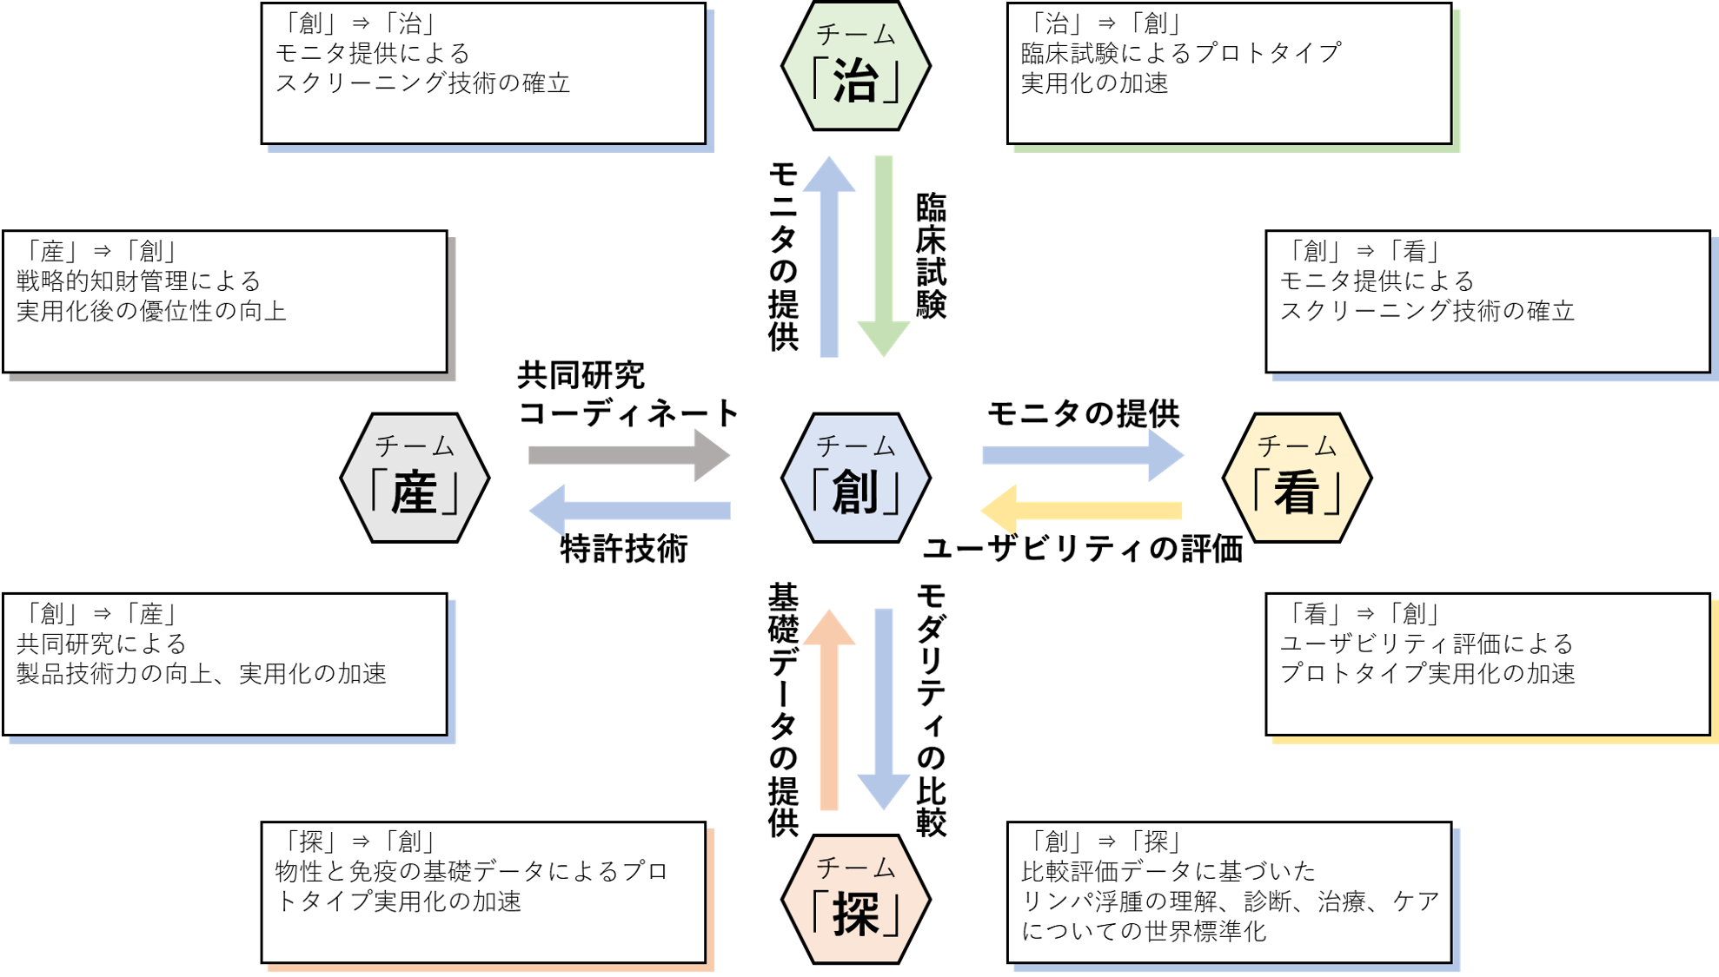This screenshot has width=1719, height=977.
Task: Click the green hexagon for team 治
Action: tap(856, 66)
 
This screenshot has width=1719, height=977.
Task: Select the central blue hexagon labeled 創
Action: tap(856, 478)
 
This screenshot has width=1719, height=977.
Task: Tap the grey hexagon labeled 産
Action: tap(415, 478)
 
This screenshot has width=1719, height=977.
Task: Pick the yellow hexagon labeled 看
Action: tap(1297, 478)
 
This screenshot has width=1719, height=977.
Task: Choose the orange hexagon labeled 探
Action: tap(856, 899)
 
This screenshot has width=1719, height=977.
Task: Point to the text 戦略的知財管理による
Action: tap(139, 281)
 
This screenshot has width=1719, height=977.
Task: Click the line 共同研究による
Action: tap(102, 644)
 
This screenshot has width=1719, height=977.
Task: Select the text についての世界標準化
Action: tap(1144, 931)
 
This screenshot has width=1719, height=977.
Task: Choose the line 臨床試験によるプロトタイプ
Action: tap(1181, 53)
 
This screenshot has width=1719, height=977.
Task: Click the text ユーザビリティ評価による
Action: tap(1426, 644)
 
